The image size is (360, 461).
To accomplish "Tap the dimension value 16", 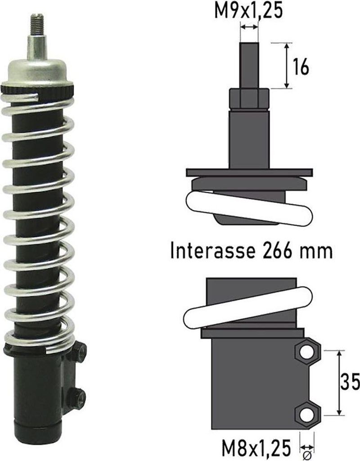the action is pos(301,67).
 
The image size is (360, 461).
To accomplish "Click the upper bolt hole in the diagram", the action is pos(307,352).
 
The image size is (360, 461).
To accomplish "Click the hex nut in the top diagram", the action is pos(249,99).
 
